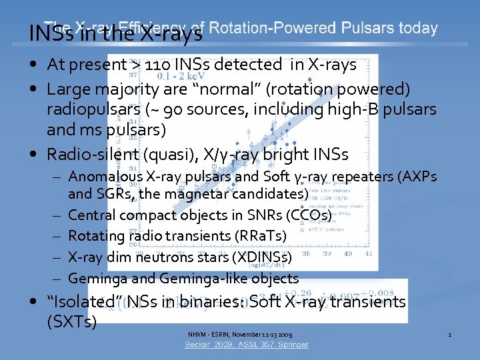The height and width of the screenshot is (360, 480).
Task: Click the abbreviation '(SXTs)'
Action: [x=72, y=322]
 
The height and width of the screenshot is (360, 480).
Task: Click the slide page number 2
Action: [x=450, y=333]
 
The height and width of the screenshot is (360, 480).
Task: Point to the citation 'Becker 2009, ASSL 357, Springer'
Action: [x=247, y=345]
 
